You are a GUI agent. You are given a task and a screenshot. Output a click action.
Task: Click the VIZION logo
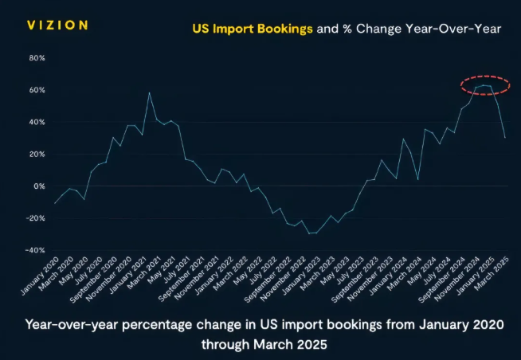(x=57, y=25)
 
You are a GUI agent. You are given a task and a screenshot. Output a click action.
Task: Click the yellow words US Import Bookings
(x=253, y=29)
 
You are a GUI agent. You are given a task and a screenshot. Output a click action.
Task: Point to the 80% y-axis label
(x=37, y=58)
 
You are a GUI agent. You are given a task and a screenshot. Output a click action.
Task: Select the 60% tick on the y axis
(x=37, y=90)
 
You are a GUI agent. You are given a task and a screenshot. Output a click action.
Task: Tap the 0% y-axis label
(x=39, y=186)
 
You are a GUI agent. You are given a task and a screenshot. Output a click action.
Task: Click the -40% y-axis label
(x=35, y=250)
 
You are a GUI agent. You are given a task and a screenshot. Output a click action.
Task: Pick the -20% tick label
(x=35, y=218)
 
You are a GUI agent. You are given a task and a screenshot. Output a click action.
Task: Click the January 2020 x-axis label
(x=40, y=276)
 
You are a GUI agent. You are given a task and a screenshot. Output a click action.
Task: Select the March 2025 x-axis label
(x=492, y=274)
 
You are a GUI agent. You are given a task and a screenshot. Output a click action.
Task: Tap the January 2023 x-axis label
(x=302, y=276)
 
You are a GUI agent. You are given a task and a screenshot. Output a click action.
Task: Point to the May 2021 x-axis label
(x=161, y=270)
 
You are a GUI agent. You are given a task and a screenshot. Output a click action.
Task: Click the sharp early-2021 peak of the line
(x=149, y=92)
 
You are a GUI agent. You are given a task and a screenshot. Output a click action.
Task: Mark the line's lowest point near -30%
(x=309, y=233)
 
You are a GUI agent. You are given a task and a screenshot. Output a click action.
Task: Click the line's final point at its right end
(x=505, y=138)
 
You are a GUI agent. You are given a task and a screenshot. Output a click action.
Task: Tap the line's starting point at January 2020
(x=54, y=203)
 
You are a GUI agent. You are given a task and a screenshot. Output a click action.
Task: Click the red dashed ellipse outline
(x=485, y=76)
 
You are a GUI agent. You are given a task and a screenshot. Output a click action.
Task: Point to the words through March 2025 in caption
(x=264, y=344)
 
